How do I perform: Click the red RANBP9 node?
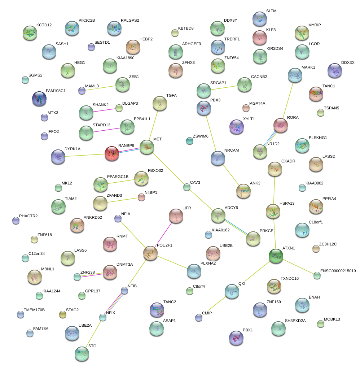pos(111,154)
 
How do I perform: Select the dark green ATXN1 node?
pos(276,256)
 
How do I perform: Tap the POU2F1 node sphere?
pos(150,253)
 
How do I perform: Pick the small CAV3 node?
pos(186,187)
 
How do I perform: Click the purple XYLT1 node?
pos(237,127)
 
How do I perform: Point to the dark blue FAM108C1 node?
pos(39,99)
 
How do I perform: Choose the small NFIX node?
pos(103,317)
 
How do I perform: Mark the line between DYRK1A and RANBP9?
pos(85,155)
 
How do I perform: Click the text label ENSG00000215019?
pos(338,271)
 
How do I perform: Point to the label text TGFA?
pos(171,96)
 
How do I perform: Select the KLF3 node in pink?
pos(259,38)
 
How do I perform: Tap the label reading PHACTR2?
pos(28,216)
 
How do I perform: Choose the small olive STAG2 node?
pos(63,314)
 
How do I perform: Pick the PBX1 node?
pos(236,338)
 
